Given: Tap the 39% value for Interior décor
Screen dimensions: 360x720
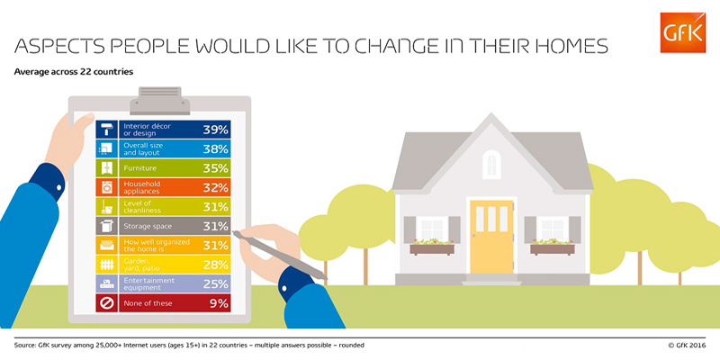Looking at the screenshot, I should click(x=215, y=130).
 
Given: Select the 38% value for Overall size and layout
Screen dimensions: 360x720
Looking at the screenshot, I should click(x=215, y=148).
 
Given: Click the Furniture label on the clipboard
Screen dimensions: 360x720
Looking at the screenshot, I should click(x=139, y=168).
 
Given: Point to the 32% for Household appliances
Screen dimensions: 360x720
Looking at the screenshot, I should click(x=215, y=187).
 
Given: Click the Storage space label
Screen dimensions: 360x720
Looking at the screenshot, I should click(x=148, y=226).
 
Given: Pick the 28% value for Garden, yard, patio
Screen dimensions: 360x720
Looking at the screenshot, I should click(x=215, y=265).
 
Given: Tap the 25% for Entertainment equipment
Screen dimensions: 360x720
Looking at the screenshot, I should click(x=215, y=283).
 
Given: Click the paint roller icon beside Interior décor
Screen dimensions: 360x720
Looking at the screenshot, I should click(x=106, y=130).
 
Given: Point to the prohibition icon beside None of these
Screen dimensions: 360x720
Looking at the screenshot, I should click(x=106, y=303).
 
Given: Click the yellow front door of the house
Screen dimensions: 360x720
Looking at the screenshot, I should click(x=491, y=237).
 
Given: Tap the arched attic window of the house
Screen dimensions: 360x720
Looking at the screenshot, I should click(x=490, y=165).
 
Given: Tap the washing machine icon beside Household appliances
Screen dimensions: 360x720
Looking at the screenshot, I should click(x=106, y=187).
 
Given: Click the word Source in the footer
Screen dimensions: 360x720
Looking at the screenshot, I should click(x=26, y=345).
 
